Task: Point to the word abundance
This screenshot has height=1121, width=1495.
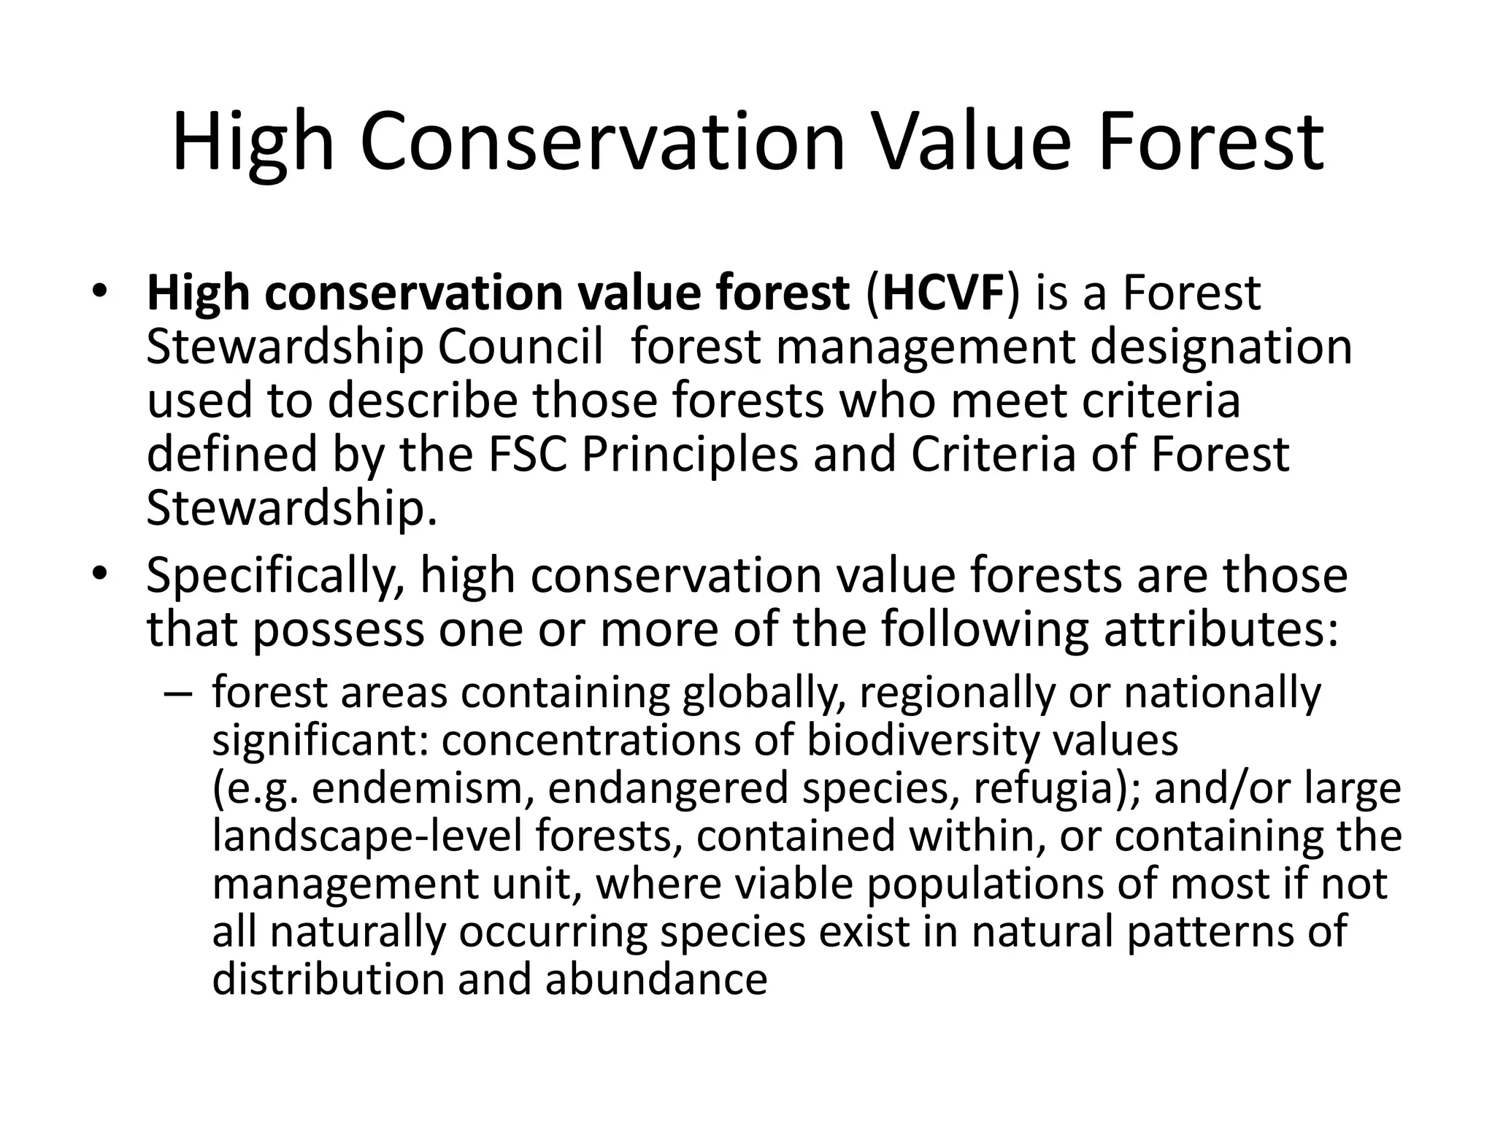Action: tap(656, 980)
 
